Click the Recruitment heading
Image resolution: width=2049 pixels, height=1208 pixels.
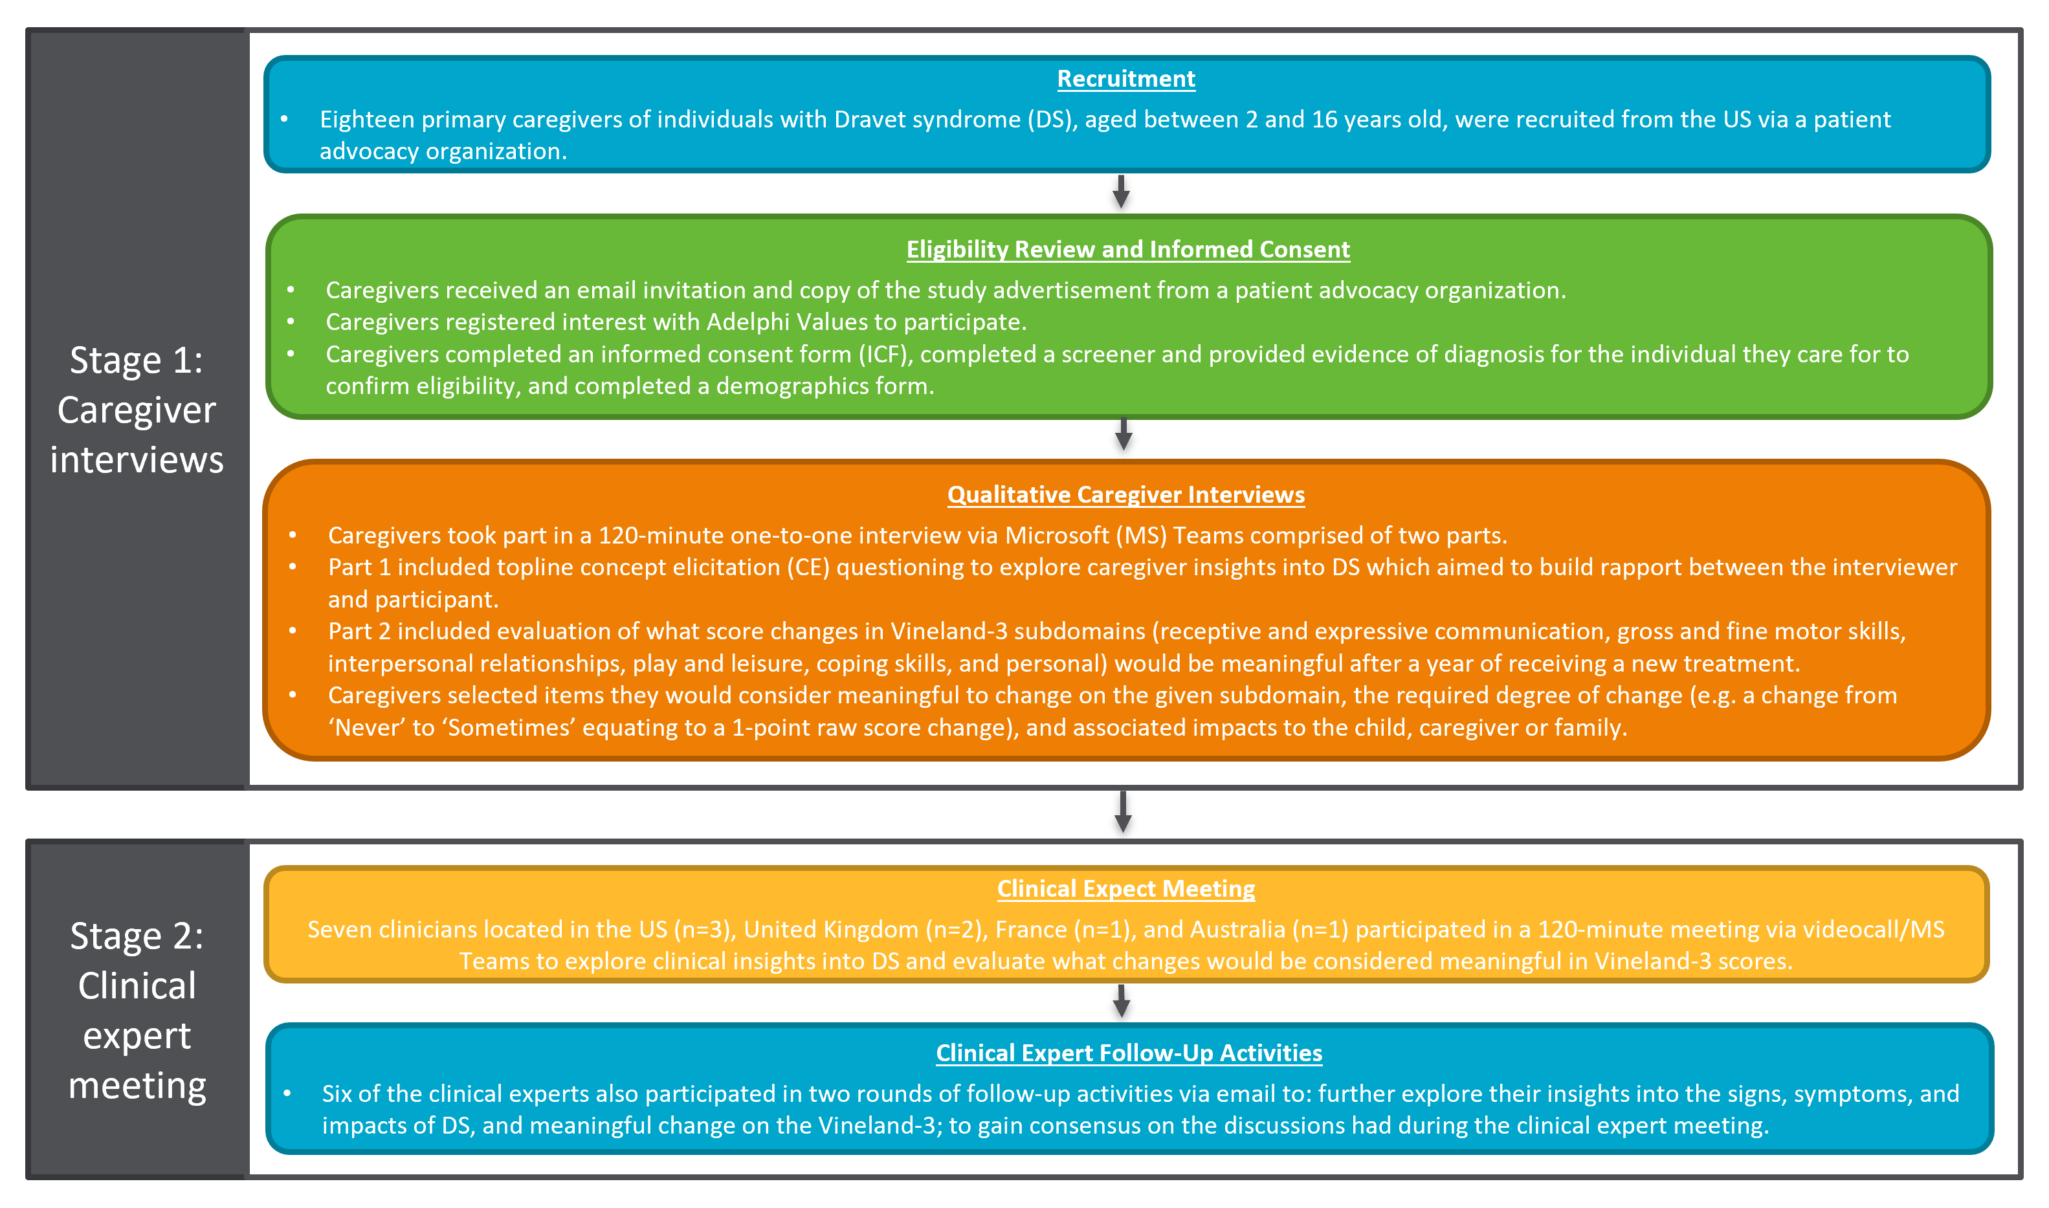[1126, 79]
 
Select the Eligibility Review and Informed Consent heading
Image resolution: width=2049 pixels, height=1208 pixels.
[1128, 249]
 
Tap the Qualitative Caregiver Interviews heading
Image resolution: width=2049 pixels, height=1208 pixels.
[1126, 494]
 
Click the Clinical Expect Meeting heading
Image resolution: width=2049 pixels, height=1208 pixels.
[1126, 888]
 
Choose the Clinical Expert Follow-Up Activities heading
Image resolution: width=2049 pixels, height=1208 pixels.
[1128, 1053]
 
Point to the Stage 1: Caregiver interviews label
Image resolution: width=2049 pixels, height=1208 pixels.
[137, 410]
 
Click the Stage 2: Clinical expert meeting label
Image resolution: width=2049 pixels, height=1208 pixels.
[137, 1009]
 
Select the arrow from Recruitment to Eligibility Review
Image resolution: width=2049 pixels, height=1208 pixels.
[1121, 192]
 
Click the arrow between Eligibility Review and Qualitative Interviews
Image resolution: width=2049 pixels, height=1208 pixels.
[1124, 435]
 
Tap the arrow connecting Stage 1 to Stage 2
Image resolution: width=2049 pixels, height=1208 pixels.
[1124, 811]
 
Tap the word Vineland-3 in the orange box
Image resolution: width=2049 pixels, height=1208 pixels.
[949, 631]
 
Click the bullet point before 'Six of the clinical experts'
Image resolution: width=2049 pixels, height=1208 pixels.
[287, 1093]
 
